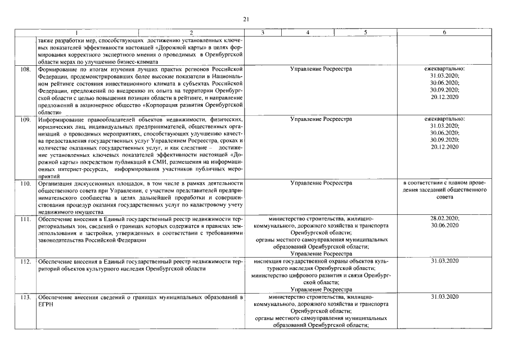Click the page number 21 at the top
click(246, 20)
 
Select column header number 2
click(191, 33)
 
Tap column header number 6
click(444, 33)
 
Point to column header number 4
click(308, 33)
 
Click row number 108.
click(25, 69)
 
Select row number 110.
click(25, 183)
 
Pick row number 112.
click(25, 262)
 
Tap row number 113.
click(25, 296)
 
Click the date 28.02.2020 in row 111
click(444, 218)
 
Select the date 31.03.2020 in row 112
click(444, 262)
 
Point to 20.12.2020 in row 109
click(444, 147)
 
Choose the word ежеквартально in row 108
click(444, 69)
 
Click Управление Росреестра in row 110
click(321, 183)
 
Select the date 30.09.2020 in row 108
click(444, 89)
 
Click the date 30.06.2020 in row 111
click(444, 226)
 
